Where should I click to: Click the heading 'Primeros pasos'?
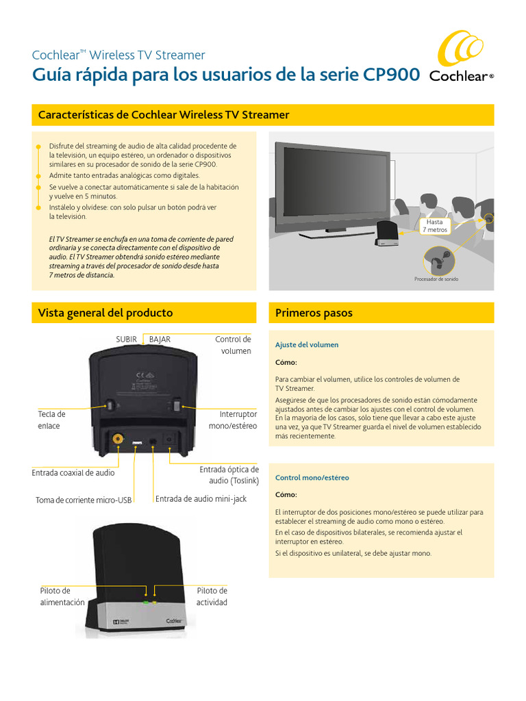pos(314,313)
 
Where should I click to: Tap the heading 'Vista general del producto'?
pos(105,313)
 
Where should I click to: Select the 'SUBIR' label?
pos(127,339)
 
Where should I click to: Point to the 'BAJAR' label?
pos(160,339)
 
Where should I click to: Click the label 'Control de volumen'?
pos(234,345)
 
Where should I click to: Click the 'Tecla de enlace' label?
pos(51,420)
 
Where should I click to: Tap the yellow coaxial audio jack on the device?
pos(118,438)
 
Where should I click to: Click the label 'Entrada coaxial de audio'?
pos(73,472)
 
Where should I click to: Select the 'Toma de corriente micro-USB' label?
pos(84,500)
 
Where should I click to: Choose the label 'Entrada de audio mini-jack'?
pos(201,499)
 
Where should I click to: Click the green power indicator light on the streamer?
pos(146,602)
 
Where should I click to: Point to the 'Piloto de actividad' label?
pos(212,596)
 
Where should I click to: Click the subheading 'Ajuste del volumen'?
pos(307,345)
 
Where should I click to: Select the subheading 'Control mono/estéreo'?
pos(312,478)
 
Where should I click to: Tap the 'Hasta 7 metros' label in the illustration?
pos(436,226)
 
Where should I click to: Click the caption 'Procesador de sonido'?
pos(436,279)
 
